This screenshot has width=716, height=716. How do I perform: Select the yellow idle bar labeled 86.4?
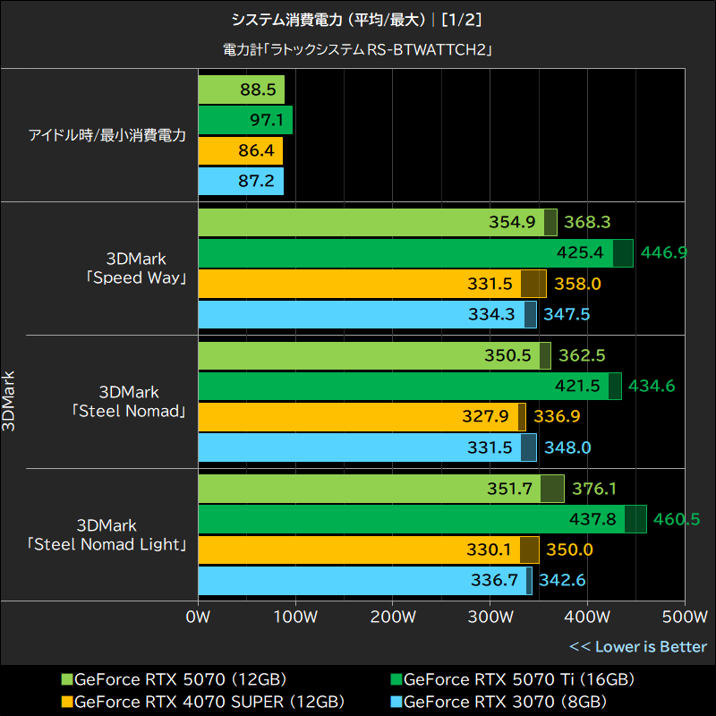click(x=240, y=151)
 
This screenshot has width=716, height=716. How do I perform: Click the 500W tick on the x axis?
click(x=684, y=617)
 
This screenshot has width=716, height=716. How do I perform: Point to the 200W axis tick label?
click(x=392, y=617)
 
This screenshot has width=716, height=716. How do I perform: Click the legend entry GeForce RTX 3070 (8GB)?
click(x=505, y=700)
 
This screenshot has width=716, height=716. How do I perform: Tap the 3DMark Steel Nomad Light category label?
click(x=107, y=534)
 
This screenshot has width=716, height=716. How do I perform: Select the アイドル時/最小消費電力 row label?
click(x=107, y=136)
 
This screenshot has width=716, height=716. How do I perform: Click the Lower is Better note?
click(x=638, y=646)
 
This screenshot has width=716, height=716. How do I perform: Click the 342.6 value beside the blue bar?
click(x=562, y=581)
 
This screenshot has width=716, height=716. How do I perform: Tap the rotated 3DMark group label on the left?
click(x=9, y=401)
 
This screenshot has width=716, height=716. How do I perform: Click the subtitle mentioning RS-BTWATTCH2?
click(x=358, y=50)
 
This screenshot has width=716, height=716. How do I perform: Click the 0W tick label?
click(x=198, y=617)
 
